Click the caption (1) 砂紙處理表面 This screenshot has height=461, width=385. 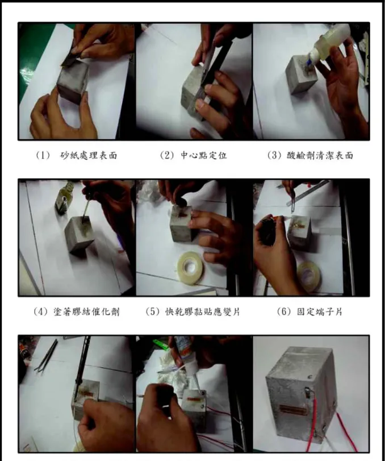[76, 155]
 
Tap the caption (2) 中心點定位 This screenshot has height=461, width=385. [193, 155]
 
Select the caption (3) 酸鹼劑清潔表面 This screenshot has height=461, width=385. [310, 155]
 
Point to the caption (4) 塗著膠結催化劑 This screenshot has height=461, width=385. [76, 312]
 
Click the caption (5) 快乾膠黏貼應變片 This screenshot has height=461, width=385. [193, 312]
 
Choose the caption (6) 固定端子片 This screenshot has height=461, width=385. [310, 312]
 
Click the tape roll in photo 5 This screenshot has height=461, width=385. [190, 268]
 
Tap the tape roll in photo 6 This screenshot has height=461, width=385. [308, 276]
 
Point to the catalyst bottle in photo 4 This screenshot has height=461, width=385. [65, 197]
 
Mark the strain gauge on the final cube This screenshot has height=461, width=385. [294, 409]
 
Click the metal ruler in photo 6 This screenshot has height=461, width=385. [307, 193]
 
